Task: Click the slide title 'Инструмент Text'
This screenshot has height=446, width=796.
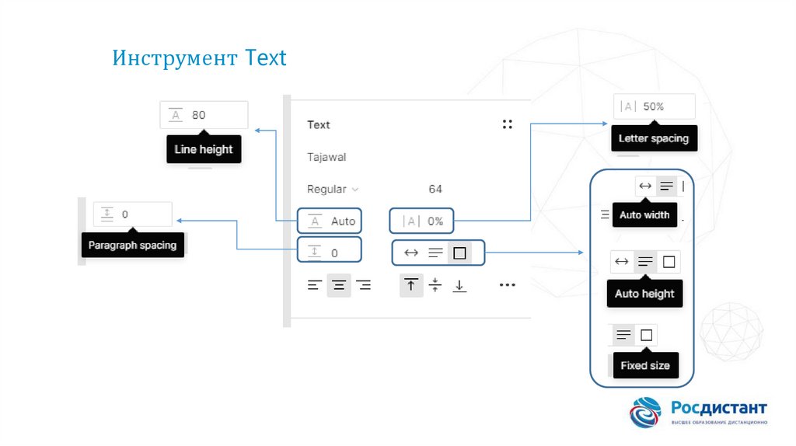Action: pos(199,57)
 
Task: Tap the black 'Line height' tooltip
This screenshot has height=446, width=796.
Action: pos(204,149)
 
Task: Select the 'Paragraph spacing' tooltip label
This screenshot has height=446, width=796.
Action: pos(132,245)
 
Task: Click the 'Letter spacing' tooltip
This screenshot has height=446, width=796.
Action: pos(654,138)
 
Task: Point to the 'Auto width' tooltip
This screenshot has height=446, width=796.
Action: pos(644,215)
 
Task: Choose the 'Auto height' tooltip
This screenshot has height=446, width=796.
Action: pos(644,294)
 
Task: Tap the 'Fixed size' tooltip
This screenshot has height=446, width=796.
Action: pos(645,365)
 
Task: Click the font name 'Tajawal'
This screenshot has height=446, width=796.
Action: pos(326,157)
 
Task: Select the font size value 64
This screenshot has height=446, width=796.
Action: pos(435,190)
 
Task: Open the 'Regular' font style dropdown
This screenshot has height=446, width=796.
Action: pos(333,190)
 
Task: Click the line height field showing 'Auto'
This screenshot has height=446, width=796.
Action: pos(330,221)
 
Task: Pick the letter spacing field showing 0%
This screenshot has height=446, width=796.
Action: pos(421,221)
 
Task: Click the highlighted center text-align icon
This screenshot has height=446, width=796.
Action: pos(339,285)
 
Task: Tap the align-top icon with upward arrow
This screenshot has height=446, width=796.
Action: pos(411,285)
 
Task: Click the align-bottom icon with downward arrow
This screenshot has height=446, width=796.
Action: pos(459,286)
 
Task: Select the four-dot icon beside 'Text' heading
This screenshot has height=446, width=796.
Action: pos(507,124)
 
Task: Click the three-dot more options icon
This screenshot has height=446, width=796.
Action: pos(507,285)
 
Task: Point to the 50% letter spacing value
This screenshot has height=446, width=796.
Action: pos(653,106)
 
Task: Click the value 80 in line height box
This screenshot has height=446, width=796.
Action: pos(198,115)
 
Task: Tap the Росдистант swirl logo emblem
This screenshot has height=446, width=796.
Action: pos(645,412)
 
